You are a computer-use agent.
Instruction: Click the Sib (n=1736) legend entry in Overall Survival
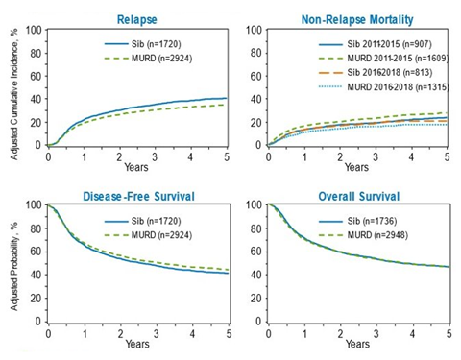coord(377,221)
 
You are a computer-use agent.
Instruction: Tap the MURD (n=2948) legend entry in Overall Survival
coord(381,236)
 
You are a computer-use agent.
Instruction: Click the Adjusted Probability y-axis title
coord(11,264)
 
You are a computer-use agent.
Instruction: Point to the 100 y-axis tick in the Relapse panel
coord(32,30)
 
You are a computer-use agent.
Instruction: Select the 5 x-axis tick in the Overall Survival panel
coord(448,335)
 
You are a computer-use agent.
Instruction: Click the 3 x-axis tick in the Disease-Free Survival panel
coord(157,335)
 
